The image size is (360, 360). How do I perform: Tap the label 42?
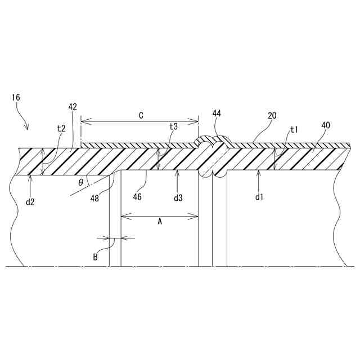[73, 106]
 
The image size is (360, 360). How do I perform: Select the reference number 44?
[217, 114]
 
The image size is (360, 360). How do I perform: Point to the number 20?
[272, 115]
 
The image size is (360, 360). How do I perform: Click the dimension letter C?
[141, 115]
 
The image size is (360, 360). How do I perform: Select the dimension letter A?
[159, 222]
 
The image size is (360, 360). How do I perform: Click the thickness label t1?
[293, 129]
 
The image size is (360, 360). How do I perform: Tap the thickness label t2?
[61, 128]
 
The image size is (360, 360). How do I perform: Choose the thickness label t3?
[174, 127]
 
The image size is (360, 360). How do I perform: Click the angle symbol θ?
[81, 182]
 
